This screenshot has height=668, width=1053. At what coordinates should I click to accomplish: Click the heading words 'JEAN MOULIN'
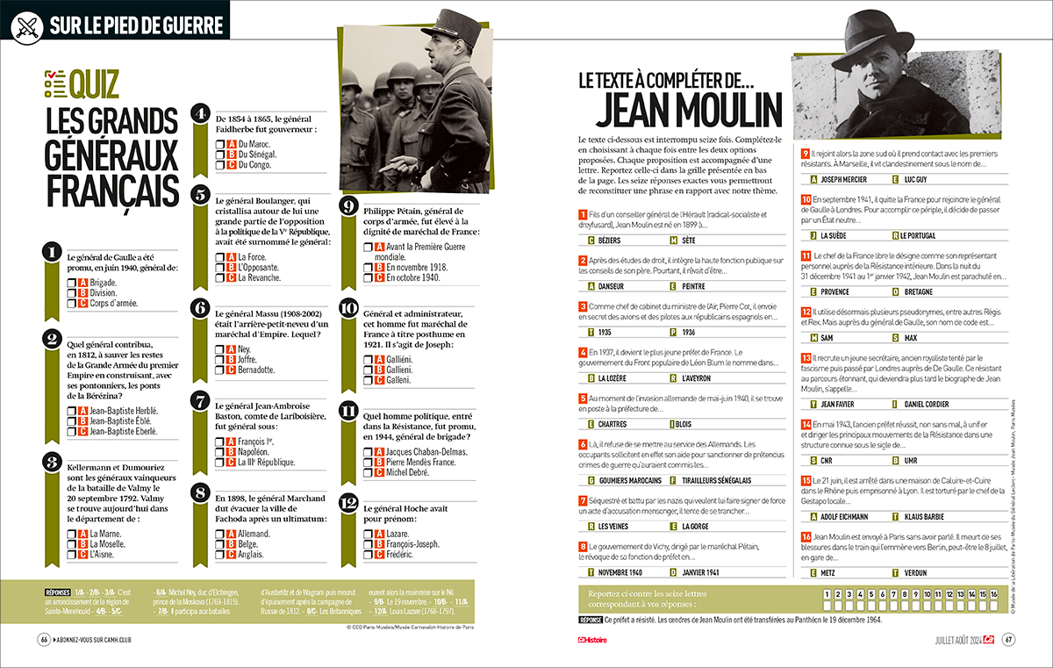tap(689, 109)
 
